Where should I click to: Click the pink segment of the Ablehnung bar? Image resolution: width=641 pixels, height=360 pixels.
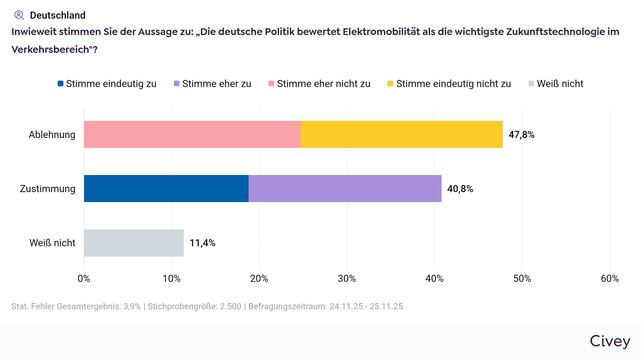[192, 134]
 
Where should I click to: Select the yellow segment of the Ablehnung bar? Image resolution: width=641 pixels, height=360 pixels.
[401, 134]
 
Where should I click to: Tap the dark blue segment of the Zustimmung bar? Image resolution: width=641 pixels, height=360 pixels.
[166, 188]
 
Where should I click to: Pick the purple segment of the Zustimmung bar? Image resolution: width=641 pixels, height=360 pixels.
[345, 188]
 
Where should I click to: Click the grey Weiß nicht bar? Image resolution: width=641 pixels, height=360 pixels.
[134, 243]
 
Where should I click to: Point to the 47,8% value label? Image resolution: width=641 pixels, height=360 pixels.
[521, 134]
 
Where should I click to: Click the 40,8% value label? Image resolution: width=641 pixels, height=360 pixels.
[460, 188]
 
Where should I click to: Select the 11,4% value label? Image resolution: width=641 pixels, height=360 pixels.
[202, 243]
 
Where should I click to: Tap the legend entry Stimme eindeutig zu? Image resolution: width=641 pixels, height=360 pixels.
[108, 83]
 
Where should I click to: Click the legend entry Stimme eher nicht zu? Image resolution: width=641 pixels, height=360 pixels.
[321, 83]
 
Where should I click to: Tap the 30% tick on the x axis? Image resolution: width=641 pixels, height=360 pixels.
[346, 279]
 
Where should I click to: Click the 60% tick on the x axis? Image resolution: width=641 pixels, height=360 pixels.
[609, 279]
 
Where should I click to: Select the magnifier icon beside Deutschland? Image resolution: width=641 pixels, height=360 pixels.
[18, 15]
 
